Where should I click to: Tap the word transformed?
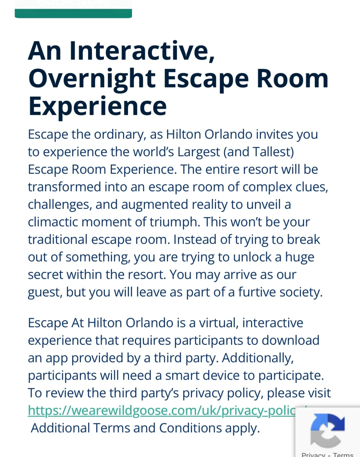click(x=64, y=187)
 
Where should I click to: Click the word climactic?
click(x=53, y=222)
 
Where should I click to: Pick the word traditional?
click(x=58, y=239)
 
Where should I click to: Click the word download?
click(x=290, y=340)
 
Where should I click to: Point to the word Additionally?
click(x=258, y=358)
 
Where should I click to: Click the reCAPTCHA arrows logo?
click(x=327, y=430)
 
